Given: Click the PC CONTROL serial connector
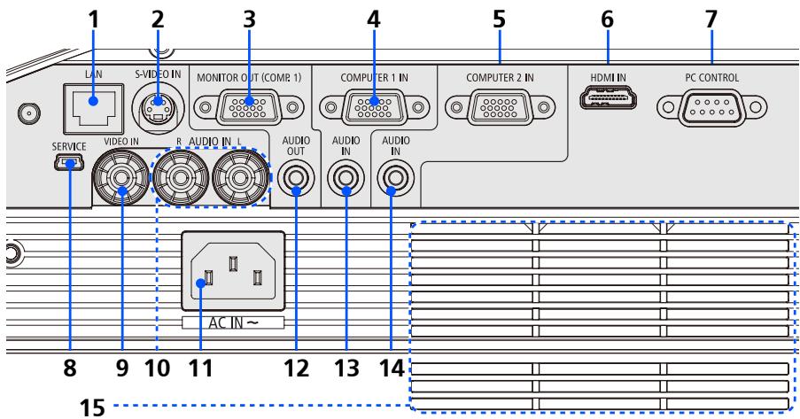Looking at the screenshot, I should click(x=711, y=110).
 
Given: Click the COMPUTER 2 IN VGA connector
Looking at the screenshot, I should click(x=498, y=110).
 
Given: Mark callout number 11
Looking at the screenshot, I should click(x=202, y=365).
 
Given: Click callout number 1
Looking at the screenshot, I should click(x=92, y=17).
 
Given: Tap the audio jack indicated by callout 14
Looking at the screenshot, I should click(x=392, y=181).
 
